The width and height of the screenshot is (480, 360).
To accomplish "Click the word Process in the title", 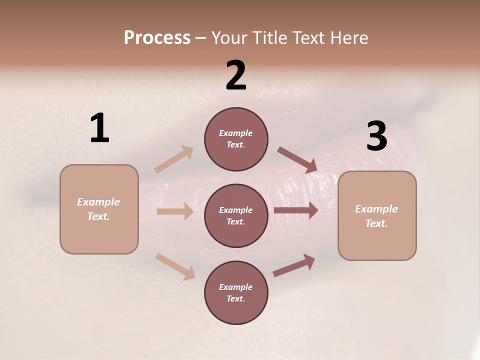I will [157, 38].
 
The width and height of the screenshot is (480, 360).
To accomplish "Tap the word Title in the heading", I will [267, 38].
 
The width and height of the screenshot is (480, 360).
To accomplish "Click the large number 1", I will [99, 128].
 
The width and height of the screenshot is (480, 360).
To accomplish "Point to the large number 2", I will [236, 75].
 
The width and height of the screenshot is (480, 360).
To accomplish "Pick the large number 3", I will [376, 136].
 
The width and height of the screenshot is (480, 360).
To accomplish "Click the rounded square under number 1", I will [99, 209].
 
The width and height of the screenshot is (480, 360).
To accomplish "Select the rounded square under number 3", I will [377, 216].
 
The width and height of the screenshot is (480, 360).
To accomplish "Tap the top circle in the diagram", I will [236, 139].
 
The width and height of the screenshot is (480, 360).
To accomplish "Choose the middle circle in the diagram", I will [236, 216].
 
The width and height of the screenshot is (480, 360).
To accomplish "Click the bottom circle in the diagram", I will [236, 293].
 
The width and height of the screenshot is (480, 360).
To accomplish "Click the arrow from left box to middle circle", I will [175, 211].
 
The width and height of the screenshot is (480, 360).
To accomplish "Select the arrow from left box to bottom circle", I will [175, 266].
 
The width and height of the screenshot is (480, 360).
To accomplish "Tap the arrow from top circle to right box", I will [297, 160].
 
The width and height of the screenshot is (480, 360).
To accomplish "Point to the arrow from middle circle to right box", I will [296, 210].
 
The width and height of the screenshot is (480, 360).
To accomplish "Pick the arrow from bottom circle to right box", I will [294, 265].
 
